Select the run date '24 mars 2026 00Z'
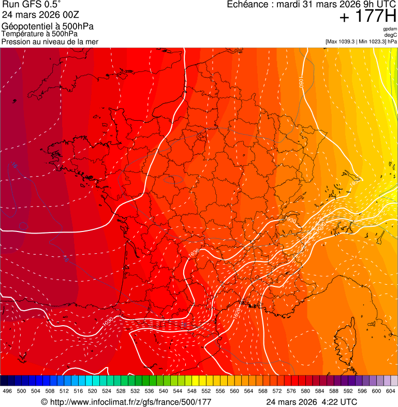coord(40,15)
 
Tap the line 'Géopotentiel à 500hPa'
coord(46,26)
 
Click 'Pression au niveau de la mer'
coord(50,41)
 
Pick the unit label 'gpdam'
coord(390,29)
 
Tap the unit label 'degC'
coord(391,35)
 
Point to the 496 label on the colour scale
coord(7,391)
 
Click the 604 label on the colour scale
coord(391,391)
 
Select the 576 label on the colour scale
coord(291,391)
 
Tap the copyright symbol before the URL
coord(44,402)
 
